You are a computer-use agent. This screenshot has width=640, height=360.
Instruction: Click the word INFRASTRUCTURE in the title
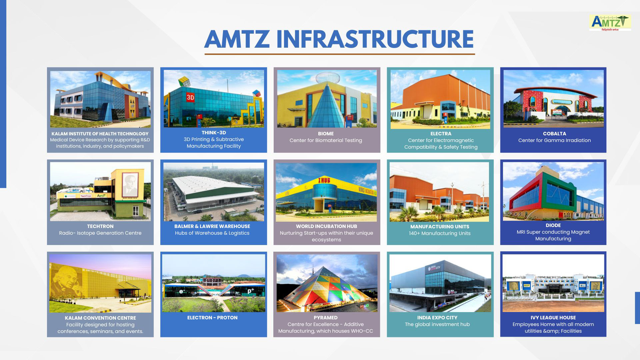[x=375, y=39]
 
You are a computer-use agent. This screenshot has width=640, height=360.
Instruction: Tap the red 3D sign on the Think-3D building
[x=190, y=98]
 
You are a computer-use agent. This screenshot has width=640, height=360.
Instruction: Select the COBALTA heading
[x=554, y=134]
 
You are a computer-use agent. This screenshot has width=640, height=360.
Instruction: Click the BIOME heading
[x=326, y=134]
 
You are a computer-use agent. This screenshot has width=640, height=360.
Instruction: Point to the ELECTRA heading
[x=441, y=134]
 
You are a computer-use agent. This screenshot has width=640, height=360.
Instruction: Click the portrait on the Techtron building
[x=130, y=184]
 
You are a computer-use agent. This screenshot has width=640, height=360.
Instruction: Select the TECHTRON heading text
[x=100, y=226]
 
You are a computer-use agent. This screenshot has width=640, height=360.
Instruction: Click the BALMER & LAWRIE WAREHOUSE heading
[x=212, y=226]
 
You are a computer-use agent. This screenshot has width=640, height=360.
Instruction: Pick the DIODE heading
[x=553, y=225]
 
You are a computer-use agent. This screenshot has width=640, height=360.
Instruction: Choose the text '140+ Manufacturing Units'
[x=440, y=233]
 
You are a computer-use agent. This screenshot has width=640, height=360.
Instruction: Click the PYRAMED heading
[x=326, y=318]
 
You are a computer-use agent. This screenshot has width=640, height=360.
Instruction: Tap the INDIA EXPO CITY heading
[x=437, y=318]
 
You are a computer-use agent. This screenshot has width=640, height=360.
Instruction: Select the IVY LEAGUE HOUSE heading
[x=553, y=318]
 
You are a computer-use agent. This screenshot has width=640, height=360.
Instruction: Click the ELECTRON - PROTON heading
[x=212, y=318]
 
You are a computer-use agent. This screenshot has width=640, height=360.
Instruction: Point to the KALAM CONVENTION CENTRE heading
[x=100, y=318]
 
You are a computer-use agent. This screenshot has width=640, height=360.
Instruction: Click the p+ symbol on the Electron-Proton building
[x=251, y=291]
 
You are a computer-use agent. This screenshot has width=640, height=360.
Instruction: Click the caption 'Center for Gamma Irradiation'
[x=554, y=140]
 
